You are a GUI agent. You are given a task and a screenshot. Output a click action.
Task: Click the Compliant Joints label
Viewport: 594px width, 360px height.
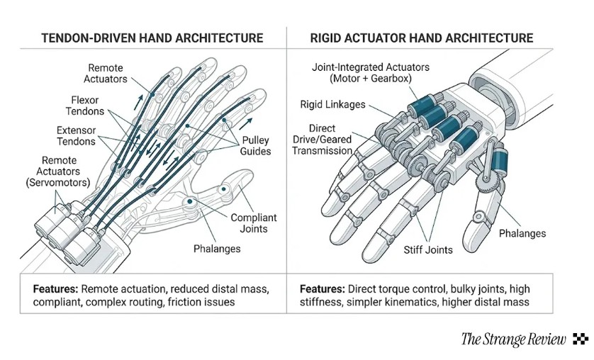(253, 224)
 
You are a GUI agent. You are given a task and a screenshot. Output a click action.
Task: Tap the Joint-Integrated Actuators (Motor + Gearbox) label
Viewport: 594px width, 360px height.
(371, 72)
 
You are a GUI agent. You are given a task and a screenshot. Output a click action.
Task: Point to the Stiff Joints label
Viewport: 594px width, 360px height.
(427, 249)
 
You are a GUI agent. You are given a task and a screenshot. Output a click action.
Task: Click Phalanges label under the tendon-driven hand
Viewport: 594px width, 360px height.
(217, 249)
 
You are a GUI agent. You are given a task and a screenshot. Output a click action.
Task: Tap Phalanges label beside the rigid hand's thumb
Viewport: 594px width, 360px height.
(522, 233)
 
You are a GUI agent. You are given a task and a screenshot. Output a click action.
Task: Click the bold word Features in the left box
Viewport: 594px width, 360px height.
(55, 289)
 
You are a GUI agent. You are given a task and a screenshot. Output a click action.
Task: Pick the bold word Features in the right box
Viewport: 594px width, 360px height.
(323, 289)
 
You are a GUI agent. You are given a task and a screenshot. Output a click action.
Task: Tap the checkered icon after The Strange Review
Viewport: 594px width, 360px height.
(580, 339)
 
